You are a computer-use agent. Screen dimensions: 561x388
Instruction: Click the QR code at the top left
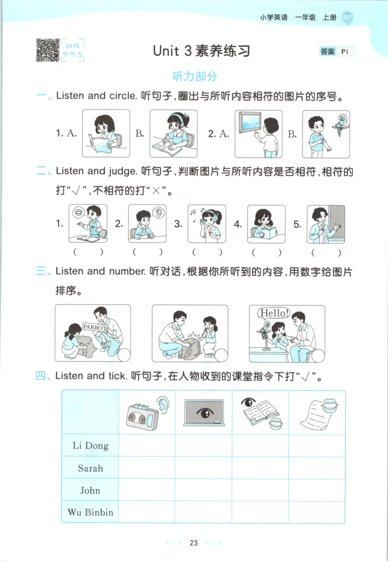[x=48, y=50]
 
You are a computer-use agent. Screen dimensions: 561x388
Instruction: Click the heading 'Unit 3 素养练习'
[x=201, y=50]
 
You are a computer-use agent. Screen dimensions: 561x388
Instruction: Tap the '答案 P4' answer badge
[x=336, y=51]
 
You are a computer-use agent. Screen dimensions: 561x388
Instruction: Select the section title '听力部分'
[x=195, y=76]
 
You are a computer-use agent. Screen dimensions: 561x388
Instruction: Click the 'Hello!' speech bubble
[x=273, y=313]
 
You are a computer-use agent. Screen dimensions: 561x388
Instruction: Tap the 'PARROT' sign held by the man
[x=95, y=327]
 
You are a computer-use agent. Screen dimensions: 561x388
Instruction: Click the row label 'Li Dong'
[x=90, y=445]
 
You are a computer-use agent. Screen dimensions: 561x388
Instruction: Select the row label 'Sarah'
[x=90, y=468]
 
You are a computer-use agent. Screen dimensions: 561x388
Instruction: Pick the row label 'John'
[x=90, y=490]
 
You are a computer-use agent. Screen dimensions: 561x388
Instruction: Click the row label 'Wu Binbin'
[x=90, y=512]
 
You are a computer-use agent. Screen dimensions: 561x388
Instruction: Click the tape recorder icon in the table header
[x=143, y=414]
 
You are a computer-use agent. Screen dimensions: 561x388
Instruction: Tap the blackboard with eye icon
[x=203, y=413]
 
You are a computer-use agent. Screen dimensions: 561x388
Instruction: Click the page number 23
[x=194, y=543]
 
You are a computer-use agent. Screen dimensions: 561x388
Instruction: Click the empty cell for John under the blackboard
[x=203, y=490]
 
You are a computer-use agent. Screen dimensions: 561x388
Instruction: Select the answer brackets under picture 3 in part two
[x=207, y=252]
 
